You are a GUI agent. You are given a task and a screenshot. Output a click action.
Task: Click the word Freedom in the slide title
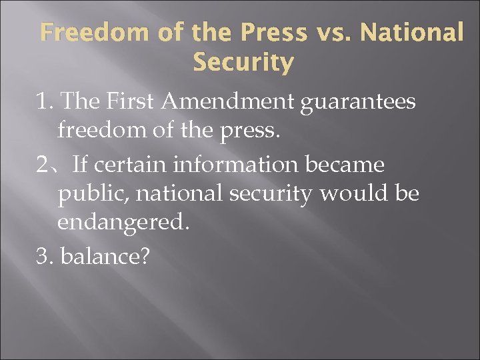82,32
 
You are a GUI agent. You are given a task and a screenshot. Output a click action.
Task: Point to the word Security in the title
243,63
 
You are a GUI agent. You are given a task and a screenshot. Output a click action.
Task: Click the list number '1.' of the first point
45,102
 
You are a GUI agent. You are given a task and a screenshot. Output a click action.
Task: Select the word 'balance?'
104,255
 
